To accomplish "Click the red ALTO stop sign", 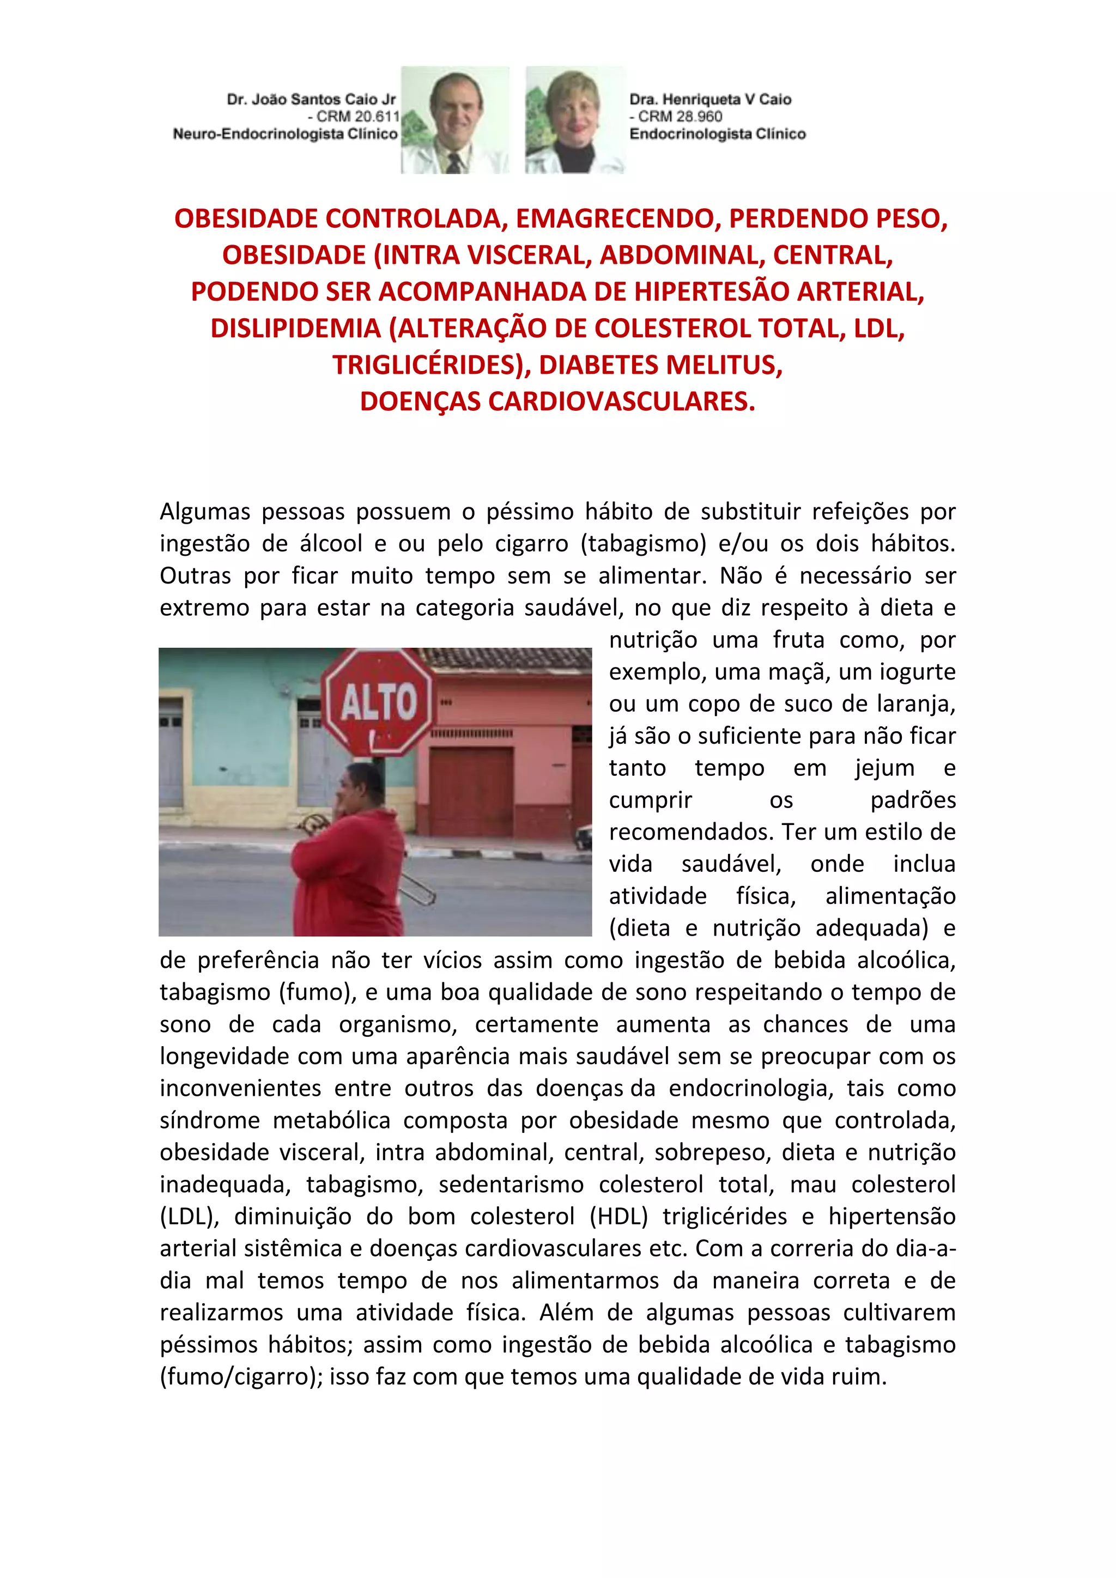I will pyautogui.click(x=379, y=702).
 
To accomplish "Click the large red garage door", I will pyautogui.click(x=471, y=791).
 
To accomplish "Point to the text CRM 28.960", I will pyautogui.click(x=680, y=117).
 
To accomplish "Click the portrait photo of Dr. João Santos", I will pyautogui.click(x=454, y=120).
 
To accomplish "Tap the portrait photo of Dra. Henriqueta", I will pyautogui.click(x=574, y=120).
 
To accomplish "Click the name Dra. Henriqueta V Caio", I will pyautogui.click(x=710, y=100).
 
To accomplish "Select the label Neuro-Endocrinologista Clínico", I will pyautogui.click(x=285, y=134).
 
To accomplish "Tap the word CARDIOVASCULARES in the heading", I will pyautogui.click(x=621, y=402).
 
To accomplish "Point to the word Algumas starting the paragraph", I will pyautogui.click(x=204, y=512).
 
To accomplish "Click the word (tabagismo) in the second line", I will pyautogui.click(x=643, y=544).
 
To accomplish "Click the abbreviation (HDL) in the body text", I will pyautogui.click(x=618, y=1217).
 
